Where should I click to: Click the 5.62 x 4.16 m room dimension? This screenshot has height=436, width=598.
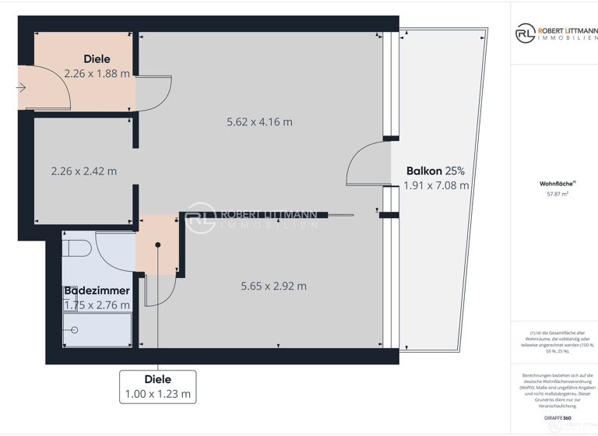(259, 122)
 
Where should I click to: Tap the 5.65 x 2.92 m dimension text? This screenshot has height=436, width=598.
(273, 286)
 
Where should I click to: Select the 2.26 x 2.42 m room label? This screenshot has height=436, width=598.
(83, 171)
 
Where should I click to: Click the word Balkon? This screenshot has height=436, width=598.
(424, 171)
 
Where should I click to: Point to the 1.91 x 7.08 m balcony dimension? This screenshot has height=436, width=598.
(436, 185)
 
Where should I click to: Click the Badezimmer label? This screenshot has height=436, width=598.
(97, 290)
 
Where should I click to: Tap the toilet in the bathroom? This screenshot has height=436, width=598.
(79, 248)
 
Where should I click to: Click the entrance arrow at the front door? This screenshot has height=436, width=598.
(21, 88)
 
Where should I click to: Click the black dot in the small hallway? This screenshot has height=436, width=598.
(158, 244)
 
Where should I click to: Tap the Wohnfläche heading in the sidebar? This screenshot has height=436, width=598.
(553, 185)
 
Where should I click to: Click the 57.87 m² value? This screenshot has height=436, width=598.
(553, 194)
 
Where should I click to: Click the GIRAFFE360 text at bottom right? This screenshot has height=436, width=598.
(557, 419)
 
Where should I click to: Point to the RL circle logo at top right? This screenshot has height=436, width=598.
(525, 33)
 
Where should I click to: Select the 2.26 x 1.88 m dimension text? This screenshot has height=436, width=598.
(97, 74)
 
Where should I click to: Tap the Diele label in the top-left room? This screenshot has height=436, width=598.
(97, 59)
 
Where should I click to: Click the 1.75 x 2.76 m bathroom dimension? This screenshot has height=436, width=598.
(97, 305)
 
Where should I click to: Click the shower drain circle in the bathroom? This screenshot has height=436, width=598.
(76, 330)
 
